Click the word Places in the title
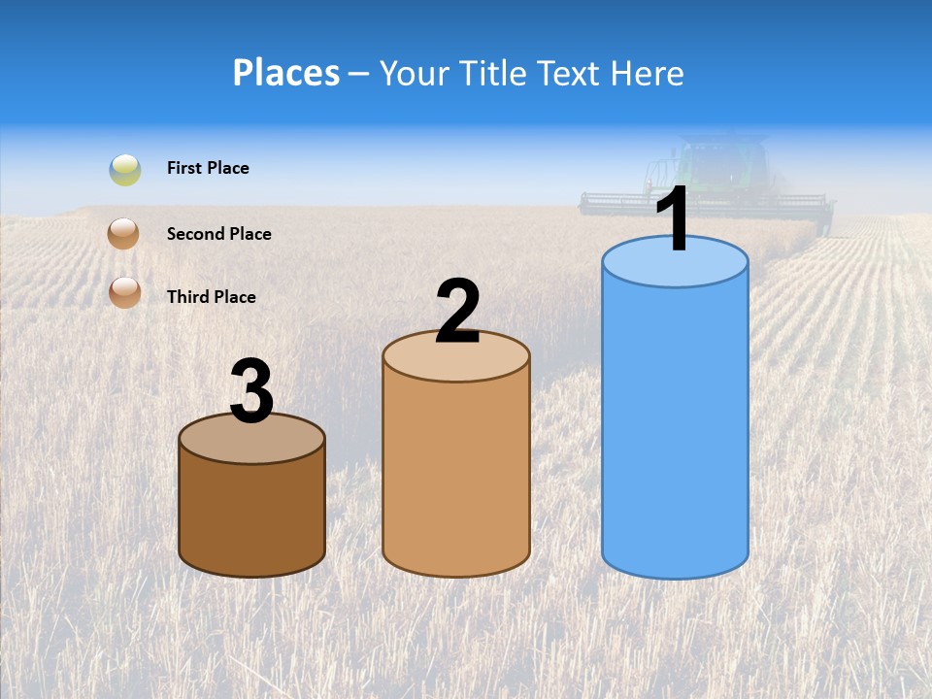click(x=286, y=73)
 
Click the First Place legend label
click(x=208, y=168)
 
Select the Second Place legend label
click(x=218, y=233)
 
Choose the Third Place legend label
click(x=212, y=297)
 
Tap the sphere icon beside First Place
click(x=125, y=170)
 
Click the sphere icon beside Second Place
click(x=125, y=233)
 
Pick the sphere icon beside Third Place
click(x=125, y=291)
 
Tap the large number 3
click(x=251, y=391)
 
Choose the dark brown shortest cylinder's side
click(x=251, y=515)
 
